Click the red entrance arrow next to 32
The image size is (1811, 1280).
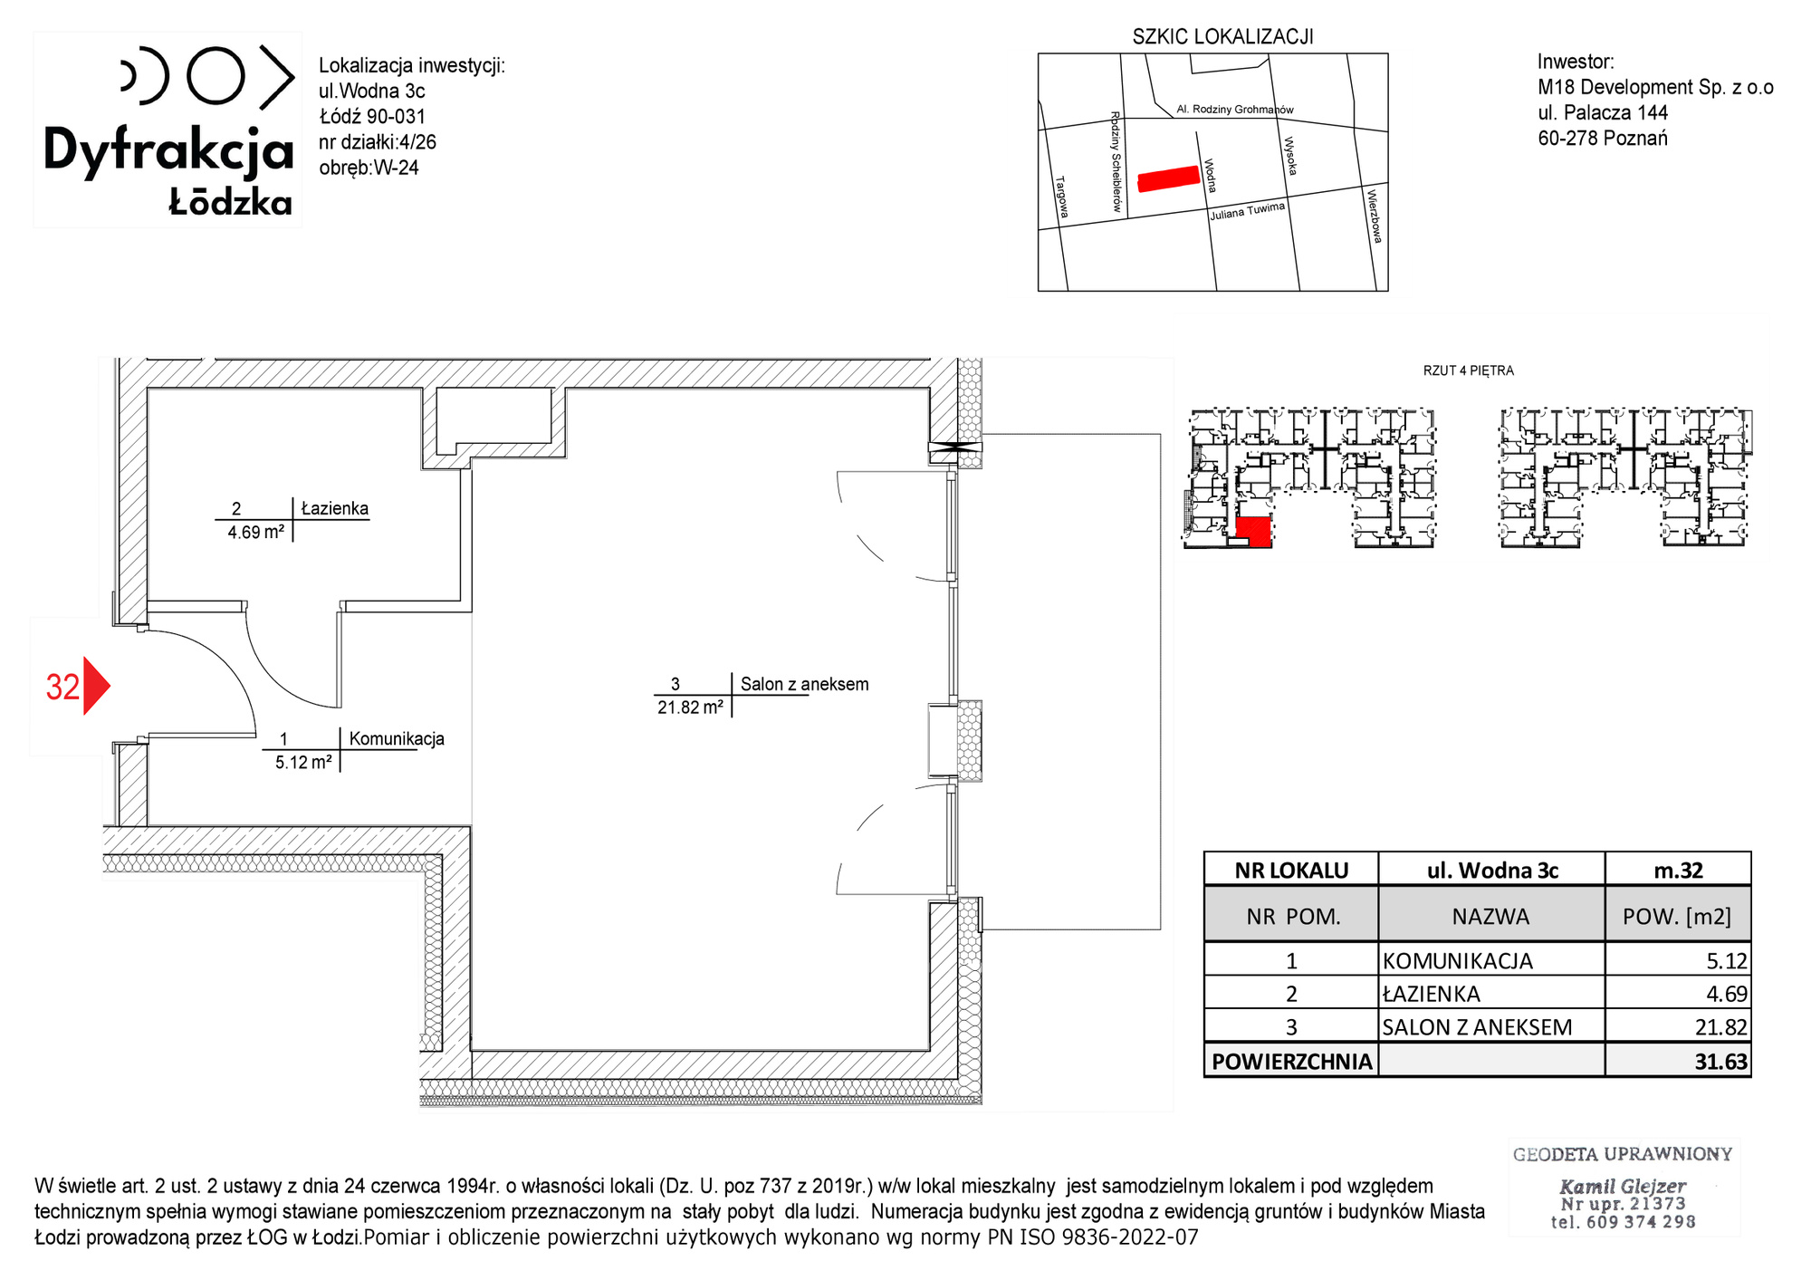pos(96,686)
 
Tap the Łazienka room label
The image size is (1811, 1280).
pos(334,508)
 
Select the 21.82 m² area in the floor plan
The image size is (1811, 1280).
pos(690,707)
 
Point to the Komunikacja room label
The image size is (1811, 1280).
pos(397,738)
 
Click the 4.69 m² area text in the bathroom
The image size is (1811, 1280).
pos(256,532)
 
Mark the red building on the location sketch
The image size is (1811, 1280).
pos(1168,178)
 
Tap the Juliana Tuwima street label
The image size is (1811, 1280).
pos(1248,211)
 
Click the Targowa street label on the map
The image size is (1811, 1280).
pos(1062,197)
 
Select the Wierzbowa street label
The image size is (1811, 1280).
pos(1375,216)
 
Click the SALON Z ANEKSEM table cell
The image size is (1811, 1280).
pos(1491,1026)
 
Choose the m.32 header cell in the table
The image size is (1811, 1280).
pos(1678,870)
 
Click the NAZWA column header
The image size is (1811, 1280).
pos(1490,916)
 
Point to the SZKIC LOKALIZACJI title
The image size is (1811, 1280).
pos(1222,36)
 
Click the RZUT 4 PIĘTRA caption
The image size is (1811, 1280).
pos(1468,371)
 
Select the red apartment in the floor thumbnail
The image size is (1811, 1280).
pos(1253,532)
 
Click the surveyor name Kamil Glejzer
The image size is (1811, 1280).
pos(1622,1186)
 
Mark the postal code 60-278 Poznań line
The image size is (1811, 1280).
pos(1603,138)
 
